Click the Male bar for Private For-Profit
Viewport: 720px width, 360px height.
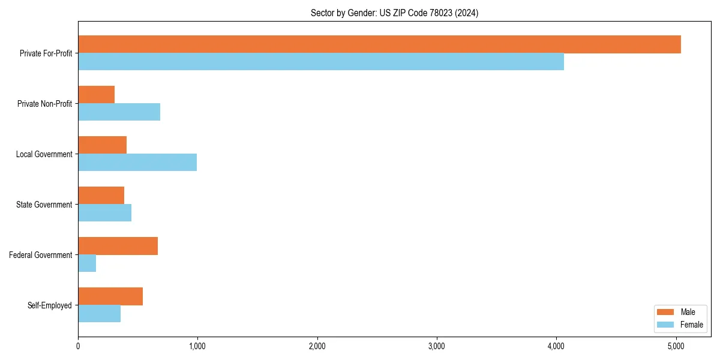(379, 44)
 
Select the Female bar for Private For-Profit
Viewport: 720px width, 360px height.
(321, 62)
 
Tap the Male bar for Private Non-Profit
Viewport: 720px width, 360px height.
(96, 95)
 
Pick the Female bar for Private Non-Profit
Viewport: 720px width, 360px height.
(119, 112)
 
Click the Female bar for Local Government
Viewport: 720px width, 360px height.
(137, 163)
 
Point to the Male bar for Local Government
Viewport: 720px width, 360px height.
(102, 145)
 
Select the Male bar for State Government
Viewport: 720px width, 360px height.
(101, 196)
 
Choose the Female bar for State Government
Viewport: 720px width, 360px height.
(104, 213)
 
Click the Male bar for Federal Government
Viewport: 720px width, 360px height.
(118, 246)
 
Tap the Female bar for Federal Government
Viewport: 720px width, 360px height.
(87, 263)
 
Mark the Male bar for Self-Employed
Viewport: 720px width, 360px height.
(110, 296)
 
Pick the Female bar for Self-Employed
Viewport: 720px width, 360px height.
(99, 314)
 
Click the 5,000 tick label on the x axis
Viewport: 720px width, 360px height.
(676, 346)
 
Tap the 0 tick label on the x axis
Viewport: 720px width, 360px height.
(78, 346)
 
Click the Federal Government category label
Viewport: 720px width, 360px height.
(41, 255)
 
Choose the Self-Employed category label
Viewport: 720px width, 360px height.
(50, 305)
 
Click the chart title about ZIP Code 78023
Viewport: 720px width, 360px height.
(394, 13)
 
